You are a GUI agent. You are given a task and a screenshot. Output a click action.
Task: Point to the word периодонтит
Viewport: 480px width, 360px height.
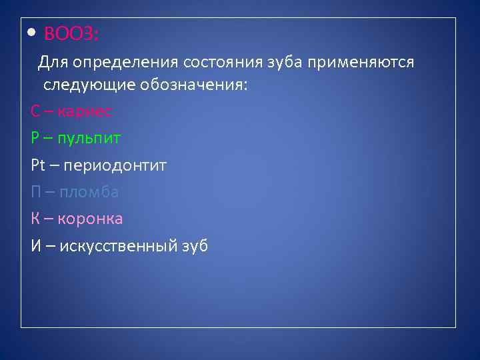point(114,165)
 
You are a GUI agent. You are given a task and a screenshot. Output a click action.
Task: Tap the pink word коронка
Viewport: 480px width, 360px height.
point(91,219)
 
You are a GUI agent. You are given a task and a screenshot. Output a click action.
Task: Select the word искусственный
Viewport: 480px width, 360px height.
point(118,246)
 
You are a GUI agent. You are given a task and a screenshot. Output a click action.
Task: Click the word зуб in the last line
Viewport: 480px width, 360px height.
point(195,246)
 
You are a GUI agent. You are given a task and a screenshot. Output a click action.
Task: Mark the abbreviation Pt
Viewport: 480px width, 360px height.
point(37,165)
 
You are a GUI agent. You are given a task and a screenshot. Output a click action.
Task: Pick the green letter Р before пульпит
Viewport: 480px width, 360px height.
point(35,138)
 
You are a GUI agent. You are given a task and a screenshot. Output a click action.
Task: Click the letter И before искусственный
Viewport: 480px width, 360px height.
point(37,246)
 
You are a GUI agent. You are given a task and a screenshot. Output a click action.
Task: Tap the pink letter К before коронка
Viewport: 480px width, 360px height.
point(36,219)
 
